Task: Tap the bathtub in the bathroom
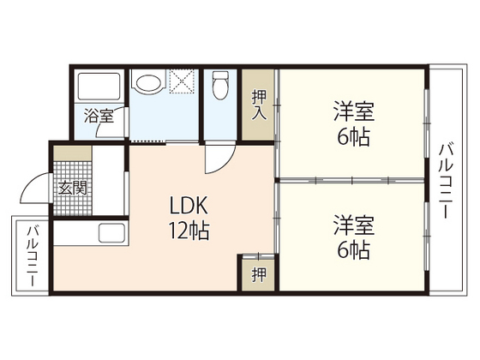tap(99, 87)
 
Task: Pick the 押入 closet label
tap(257, 105)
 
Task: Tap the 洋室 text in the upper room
tap(353, 112)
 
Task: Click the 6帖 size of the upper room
tap(353, 137)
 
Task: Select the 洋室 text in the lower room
tap(353, 225)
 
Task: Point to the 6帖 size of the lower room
tap(353, 250)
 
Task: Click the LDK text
tap(189, 207)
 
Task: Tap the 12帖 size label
tap(189, 231)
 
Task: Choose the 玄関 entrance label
tap(69, 187)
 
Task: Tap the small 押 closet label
tap(257, 274)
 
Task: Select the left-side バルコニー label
tap(32, 255)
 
